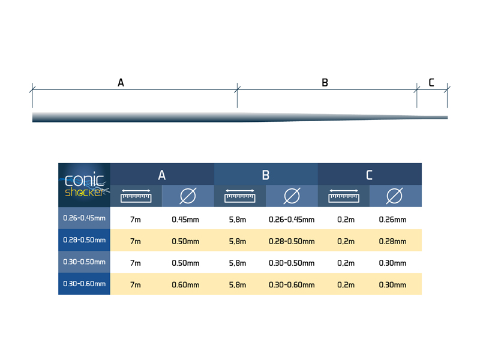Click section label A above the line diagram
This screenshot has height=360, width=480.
(121, 83)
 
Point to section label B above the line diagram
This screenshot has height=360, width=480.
(325, 83)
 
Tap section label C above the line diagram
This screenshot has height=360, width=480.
(431, 83)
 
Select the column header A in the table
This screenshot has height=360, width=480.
(162, 175)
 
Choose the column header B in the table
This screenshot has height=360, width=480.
(266, 175)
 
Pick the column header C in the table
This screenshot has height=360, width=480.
(370, 175)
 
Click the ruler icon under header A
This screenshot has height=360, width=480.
(136, 196)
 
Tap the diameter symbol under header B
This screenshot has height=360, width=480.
(292, 196)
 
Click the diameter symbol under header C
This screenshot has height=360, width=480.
(395, 196)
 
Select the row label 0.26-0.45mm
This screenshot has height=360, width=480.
(85, 218)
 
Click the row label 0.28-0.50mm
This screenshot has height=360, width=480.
(85, 240)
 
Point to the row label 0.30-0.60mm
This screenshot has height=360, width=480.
(85, 284)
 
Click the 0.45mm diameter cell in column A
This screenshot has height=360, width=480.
(185, 220)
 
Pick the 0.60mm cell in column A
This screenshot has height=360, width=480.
(185, 285)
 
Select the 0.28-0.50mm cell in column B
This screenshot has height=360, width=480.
(292, 241)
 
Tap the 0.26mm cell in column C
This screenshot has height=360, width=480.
(393, 220)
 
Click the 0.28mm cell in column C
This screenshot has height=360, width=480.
(393, 241)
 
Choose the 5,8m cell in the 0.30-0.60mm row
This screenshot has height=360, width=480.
(238, 285)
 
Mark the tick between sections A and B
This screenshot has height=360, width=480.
(238, 89)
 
